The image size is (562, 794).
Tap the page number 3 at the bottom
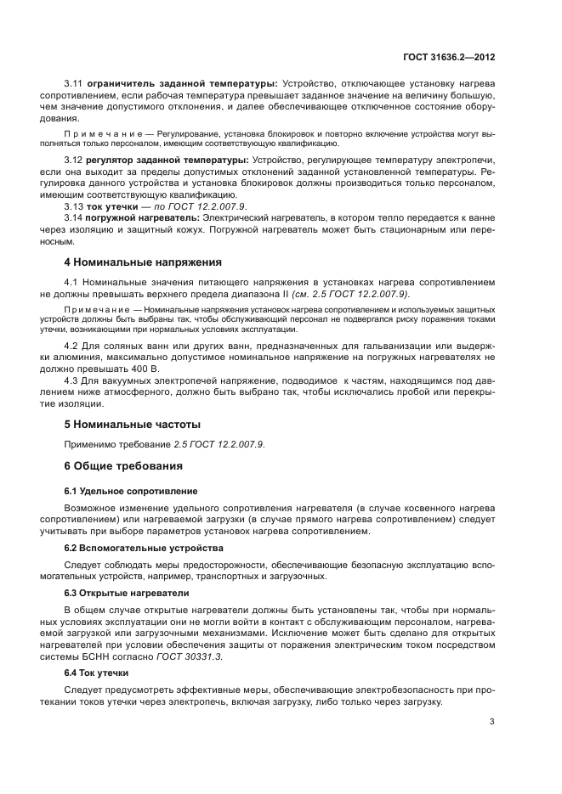coord(491,722)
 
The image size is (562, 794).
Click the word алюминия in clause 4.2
coord(92,358)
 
